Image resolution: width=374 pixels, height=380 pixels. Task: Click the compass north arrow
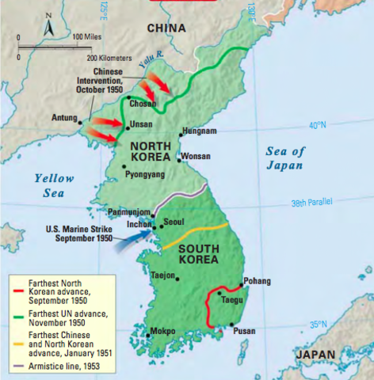(49, 23)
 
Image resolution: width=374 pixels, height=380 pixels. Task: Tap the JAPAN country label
(315, 355)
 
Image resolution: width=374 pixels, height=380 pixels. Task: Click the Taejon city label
(165, 275)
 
